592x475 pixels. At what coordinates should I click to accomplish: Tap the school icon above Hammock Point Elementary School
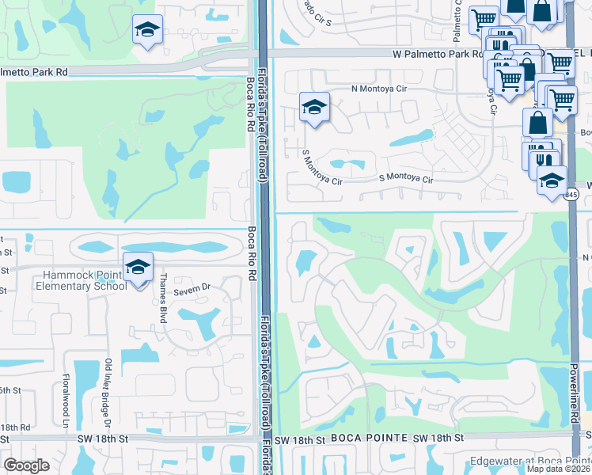click(x=138, y=267)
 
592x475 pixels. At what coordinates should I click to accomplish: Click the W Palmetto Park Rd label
click(x=437, y=55)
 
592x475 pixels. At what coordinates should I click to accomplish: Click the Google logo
click(x=26, y=465)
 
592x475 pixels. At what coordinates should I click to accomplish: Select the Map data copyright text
click(x=558, y=469)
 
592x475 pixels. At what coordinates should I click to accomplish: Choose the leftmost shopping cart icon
click(x=483, y=19)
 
